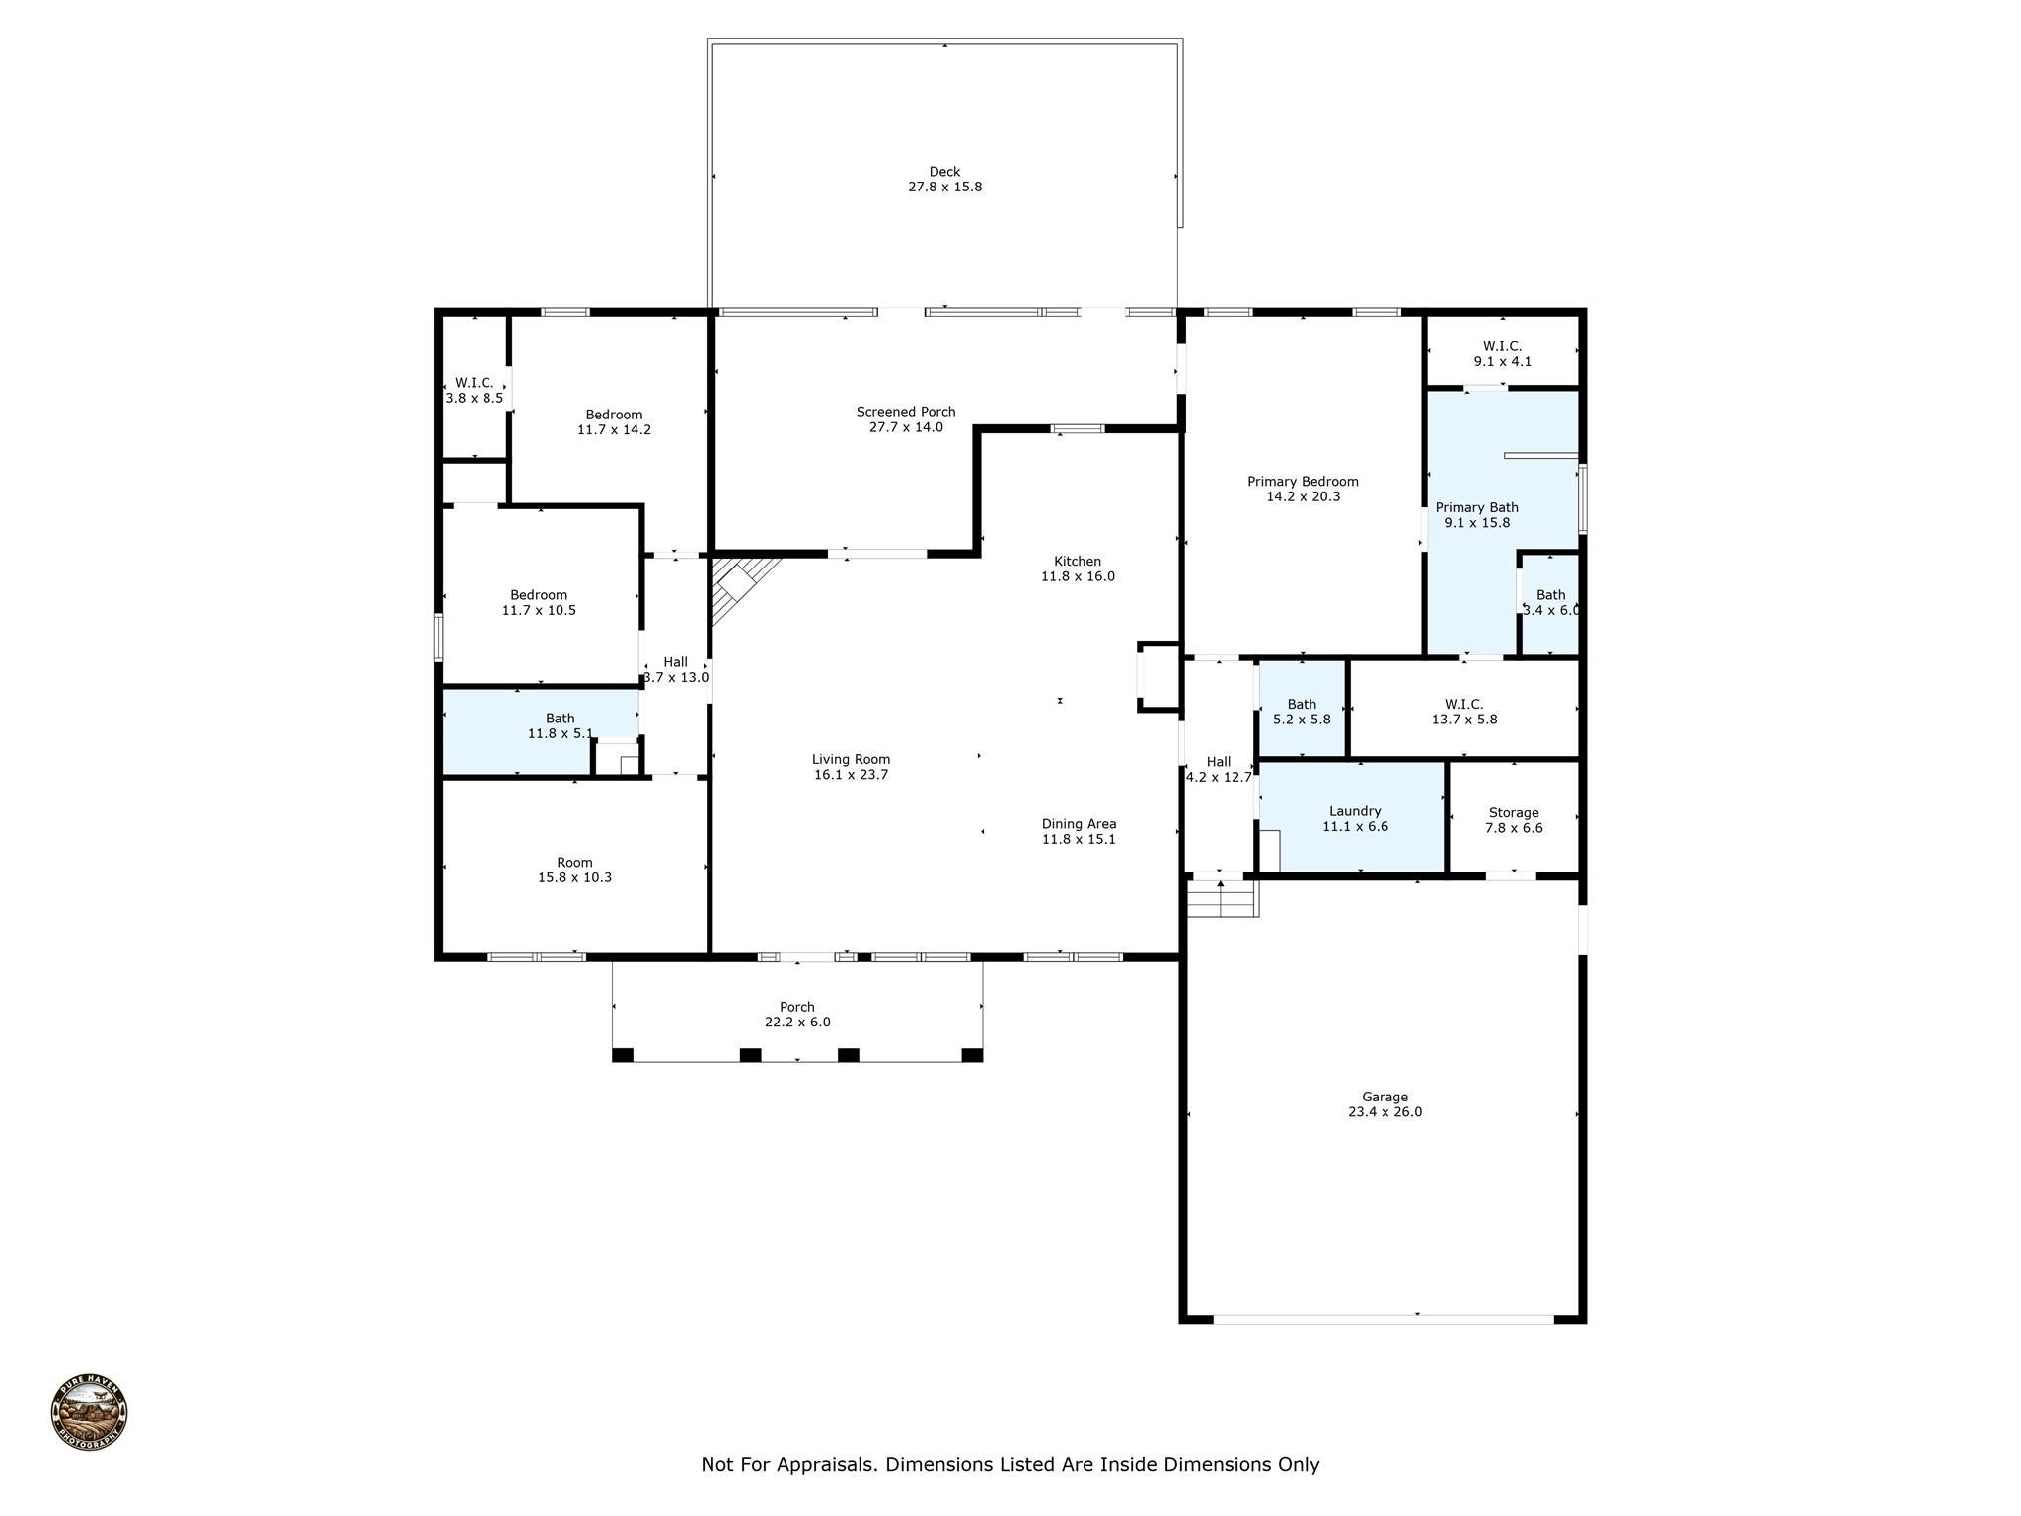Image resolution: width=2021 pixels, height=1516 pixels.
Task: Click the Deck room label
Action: click(944, 172)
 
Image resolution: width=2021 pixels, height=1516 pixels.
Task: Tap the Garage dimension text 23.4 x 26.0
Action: click(1385, 1112)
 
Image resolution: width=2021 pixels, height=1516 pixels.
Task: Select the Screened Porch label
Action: click(905, 412)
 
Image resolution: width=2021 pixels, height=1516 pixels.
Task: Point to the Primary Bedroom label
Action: click(1303, 482)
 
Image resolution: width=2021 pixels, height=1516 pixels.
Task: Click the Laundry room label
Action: click(1355, 811)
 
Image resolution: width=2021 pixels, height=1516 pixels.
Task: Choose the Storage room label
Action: click(1513, 813)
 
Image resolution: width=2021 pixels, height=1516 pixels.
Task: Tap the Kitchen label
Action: click(1078, 562)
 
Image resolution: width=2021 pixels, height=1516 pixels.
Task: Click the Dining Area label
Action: click(1079, 824)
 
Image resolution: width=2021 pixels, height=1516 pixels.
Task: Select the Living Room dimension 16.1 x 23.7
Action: click(851, 775)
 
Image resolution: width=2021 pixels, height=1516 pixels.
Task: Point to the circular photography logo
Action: click(89, 1412)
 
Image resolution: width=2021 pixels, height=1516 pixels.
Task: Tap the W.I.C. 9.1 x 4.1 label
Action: click(1502, 354)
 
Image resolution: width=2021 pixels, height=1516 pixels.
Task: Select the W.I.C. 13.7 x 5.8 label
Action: click(1463, 712)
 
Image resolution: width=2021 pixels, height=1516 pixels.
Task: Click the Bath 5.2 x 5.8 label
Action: click(1302, 712)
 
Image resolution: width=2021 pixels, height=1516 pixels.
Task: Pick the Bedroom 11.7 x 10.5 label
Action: click(539, 602)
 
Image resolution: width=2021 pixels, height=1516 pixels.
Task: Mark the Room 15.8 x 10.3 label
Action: click(574, 870)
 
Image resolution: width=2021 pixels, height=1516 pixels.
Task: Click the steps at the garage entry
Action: click(1222, 898)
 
